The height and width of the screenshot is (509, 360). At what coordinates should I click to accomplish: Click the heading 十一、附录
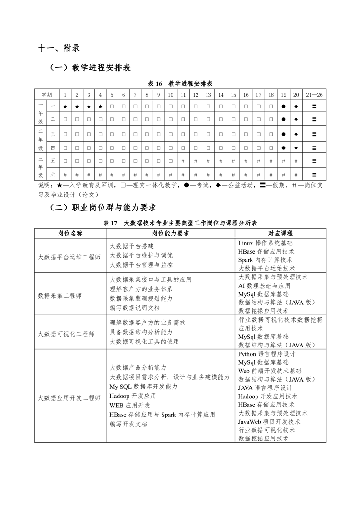[59, 48]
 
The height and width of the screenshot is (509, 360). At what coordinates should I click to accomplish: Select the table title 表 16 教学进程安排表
[181, 83]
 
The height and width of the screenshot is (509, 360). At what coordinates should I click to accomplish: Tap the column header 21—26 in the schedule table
[314, 95]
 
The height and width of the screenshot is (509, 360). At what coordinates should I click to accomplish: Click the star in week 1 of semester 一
[65, 106]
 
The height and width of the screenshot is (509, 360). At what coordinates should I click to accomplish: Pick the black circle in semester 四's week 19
[283, 148]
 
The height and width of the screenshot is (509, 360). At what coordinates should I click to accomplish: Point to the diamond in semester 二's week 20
[296, 119]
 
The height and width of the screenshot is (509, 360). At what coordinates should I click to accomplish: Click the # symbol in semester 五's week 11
[182, 161]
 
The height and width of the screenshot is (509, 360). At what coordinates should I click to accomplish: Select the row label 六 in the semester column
[53, 174]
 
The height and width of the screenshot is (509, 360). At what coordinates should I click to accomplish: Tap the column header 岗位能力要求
[170, 233]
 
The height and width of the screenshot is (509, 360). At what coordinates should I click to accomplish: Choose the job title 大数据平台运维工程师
[69, 257]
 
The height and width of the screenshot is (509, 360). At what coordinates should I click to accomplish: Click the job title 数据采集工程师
[60, 295]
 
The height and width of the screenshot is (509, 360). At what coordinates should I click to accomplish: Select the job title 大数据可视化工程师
[66, 334]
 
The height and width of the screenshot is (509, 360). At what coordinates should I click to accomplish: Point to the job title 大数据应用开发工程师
[69, 398]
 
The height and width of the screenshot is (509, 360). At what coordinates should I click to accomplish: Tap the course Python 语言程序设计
[267, 354]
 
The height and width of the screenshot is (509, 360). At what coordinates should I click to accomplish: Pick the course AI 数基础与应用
[264, 286]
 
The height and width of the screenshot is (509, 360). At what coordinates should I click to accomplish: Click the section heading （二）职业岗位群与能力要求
[103, 207]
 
